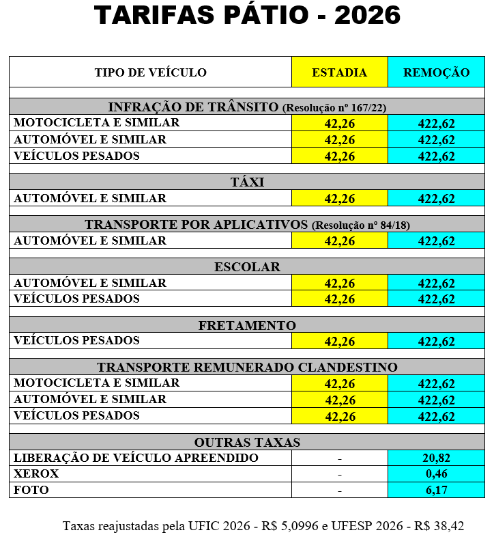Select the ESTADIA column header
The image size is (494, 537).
339,72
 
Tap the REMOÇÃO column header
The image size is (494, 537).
437,72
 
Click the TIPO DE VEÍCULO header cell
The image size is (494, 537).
150,72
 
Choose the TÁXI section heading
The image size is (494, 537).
247,182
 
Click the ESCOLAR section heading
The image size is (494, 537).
247,266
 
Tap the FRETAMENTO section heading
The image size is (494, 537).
247,325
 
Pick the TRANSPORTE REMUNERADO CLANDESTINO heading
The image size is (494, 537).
247,367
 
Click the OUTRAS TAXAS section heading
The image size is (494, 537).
247,442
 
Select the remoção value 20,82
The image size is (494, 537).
437,458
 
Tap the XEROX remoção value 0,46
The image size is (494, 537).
437,474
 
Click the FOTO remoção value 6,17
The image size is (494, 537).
437,491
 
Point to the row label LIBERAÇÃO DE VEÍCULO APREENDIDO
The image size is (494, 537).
136,458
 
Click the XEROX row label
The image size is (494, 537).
36,474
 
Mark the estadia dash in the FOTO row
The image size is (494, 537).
339,491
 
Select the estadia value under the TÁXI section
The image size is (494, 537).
339,199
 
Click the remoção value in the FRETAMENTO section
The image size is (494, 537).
437,342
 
